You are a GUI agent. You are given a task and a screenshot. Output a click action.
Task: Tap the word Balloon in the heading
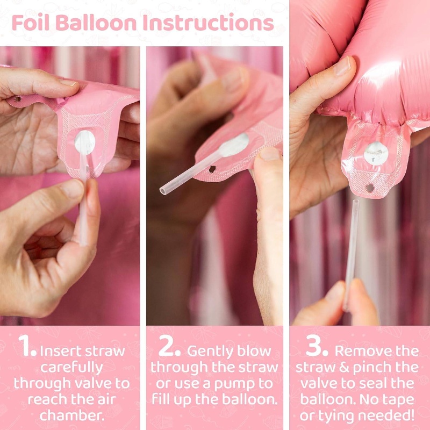coord(96,23)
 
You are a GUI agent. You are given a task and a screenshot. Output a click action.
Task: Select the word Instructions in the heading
coord(209,23)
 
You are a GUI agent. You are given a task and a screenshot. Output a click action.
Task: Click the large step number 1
coord(26,346)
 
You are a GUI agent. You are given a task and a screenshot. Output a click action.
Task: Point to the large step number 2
coord(169,346)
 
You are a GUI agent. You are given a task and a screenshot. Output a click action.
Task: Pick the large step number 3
coord(317,346)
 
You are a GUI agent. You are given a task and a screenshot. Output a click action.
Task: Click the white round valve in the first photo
coord(85,142)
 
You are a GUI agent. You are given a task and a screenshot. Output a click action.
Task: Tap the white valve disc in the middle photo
coord(235,145)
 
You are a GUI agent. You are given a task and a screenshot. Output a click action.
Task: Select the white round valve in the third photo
coord(376,154)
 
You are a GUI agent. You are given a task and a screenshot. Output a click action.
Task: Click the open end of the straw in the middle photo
coord(163,191)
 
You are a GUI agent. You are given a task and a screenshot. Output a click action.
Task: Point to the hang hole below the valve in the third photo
coord(370,188)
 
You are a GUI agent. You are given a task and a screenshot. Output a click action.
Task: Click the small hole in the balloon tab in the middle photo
coord(212,169)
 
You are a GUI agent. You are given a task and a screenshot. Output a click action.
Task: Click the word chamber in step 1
coord(72,415)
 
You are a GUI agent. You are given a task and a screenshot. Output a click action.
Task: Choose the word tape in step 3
coord(402,400)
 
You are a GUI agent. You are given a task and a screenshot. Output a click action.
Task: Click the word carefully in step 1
coord(71,368)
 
